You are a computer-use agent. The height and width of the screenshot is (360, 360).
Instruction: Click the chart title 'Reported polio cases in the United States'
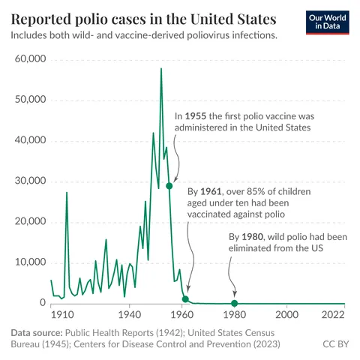(x=142, y=17)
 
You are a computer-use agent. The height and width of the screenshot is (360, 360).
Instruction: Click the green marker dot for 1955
(x=169, y=186)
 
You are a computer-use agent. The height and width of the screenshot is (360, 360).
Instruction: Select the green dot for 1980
(x=234, y=303)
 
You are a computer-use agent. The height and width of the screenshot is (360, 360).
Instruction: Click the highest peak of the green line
(x=160, y=69)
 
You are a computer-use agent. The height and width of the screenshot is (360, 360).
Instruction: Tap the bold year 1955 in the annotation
(x=196, y=116)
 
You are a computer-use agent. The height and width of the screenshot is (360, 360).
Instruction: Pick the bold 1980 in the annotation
(x=254, y=238)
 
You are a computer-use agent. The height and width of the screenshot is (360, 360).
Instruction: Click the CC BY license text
(x=334, y=344)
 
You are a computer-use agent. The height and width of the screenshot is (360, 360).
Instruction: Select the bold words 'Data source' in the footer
(x=36, y=331)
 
